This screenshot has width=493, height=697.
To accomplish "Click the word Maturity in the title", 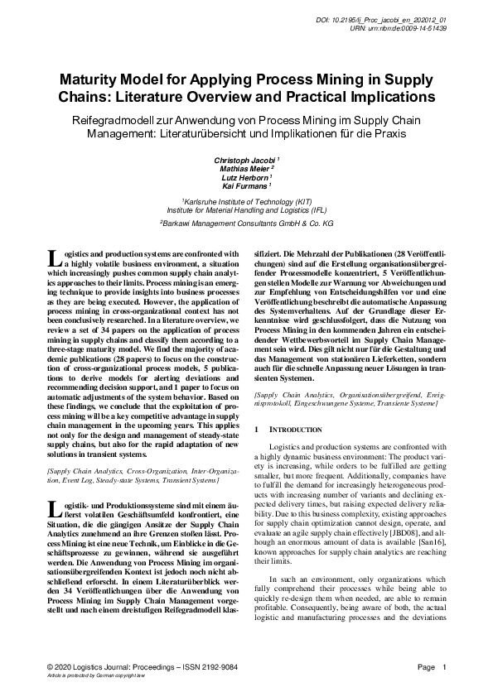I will (x=91, y=81).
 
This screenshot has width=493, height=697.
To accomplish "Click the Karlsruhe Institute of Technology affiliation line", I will (x=246, y=201).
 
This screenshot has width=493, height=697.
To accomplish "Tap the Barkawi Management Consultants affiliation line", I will (x=246, y=224).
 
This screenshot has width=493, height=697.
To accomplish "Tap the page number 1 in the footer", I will (x=445, y=666).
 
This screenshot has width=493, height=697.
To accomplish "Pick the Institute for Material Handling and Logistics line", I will (x=246, y=210).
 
